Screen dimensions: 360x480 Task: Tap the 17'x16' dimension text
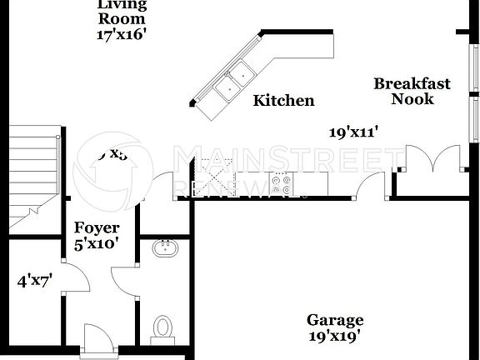[x=122, y=35]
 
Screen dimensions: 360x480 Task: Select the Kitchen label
[x=283, y=101]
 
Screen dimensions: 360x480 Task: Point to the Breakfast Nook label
[x=412, y=91]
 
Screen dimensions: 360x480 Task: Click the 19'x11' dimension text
[x=353, y=132]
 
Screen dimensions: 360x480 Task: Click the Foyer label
[x=97, y=227]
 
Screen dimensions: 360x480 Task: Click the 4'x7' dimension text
[x=35, y=281]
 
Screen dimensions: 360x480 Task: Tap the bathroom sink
[x=164, y=248]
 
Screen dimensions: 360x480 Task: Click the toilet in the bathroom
[x=163, y=327]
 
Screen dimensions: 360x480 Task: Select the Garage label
[x=335, y=321]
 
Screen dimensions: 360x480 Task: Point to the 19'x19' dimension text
[x=335, y=337]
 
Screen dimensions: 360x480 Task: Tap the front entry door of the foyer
[x=97, y=340]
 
